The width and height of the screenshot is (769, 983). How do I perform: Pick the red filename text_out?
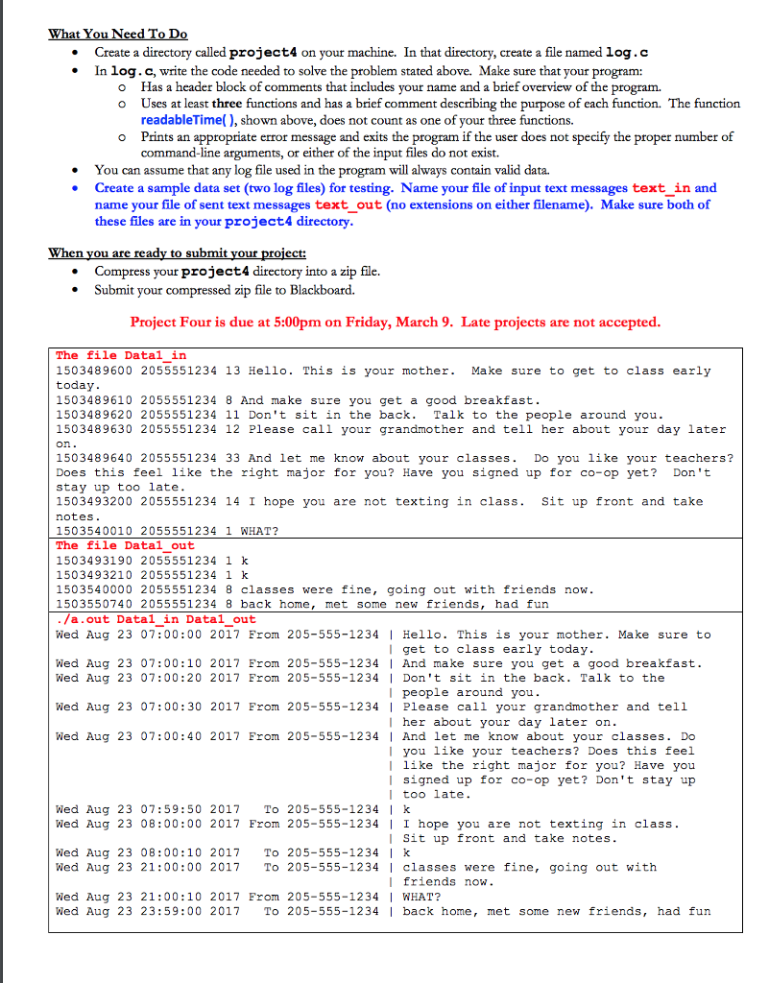pyautogui.click(x=348, y=205)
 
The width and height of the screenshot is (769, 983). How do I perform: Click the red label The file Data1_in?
pyautogui.click(x=121, y=355)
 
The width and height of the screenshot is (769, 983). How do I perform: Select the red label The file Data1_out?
pyautogui.click(x=125, y=545)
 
